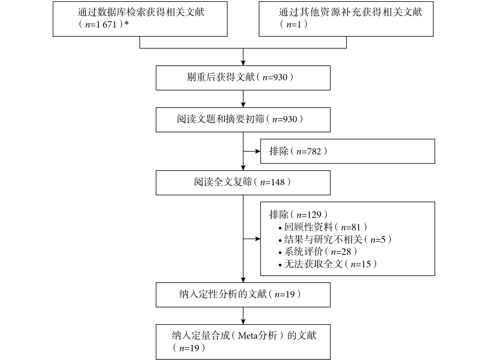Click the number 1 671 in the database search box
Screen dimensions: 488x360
click(106, 25)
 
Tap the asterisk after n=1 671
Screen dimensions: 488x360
click(126, 23)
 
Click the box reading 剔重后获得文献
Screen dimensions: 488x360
click(243, 78)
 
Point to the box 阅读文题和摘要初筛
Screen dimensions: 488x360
click(243, 120)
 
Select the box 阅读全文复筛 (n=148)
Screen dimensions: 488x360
click(243, 183)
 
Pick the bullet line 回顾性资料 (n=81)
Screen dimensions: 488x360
click(323, 227)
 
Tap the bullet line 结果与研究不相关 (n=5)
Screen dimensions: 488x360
click(335, 240)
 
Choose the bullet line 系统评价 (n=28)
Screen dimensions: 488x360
click(318, 252)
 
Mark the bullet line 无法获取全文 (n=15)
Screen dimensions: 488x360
click(328, 264)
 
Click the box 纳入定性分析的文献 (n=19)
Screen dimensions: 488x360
click(243, 295)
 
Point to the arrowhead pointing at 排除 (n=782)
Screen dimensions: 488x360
click(258, 151)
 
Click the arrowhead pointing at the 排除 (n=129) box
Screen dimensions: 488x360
click(258, 239)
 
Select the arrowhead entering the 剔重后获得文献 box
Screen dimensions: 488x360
click(243, 63)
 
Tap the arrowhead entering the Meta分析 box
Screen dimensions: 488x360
click(243, 322)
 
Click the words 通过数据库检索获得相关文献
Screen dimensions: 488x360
click(141, 12)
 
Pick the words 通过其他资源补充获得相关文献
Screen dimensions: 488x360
click(350, 12)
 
